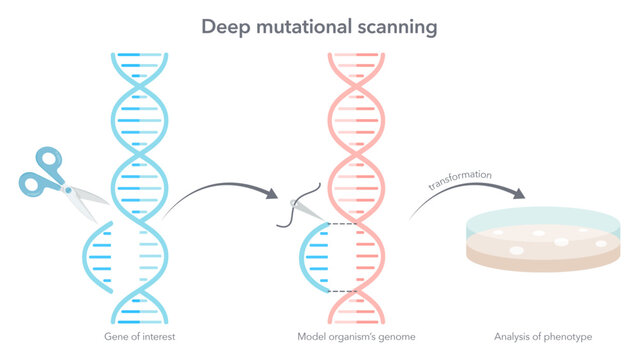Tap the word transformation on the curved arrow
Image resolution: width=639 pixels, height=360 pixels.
coord(459,179)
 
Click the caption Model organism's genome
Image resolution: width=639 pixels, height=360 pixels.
coord(356,336)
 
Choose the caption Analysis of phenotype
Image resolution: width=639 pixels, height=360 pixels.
coord(537,336)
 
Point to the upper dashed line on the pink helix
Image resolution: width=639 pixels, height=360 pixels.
coord(342,222)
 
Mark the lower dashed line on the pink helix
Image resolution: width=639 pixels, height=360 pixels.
coord(342,291)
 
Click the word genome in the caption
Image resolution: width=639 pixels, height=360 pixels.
coord(397,336)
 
